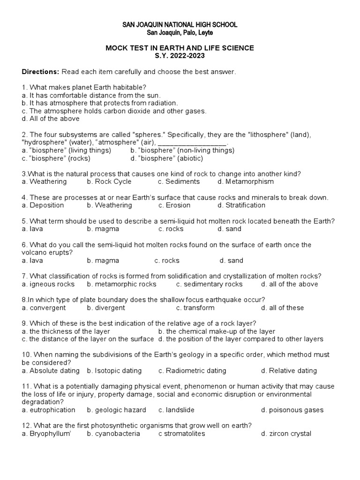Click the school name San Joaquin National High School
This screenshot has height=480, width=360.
click(180, 24)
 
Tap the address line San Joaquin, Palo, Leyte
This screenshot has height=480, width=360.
click(180, 32)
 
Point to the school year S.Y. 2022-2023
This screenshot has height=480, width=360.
click(180, 55)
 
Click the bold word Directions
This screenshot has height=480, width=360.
click(40, 72)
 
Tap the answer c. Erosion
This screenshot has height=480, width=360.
click(174, 205)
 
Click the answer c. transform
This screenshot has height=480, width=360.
click(195, 307)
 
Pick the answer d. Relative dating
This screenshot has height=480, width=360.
click(289, 371)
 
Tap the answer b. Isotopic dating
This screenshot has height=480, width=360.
click(114, 371)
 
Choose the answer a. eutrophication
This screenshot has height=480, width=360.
click(49, 410)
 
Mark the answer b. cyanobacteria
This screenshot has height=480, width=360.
click(113, 434)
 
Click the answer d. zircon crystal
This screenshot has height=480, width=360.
click(286, 434)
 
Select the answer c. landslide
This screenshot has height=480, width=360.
click(176, 410)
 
